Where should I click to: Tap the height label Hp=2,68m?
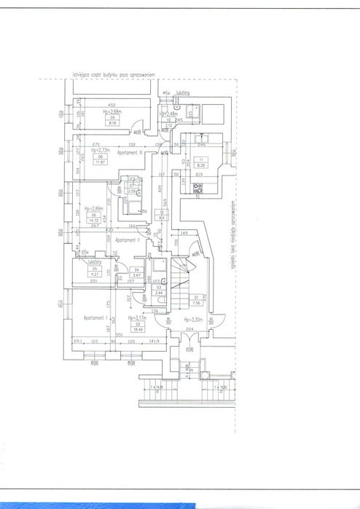tap(112, 112)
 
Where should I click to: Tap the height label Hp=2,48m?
tap(170, 114)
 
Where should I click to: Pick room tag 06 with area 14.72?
tap(93, 218)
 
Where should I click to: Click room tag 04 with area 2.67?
tap(136, 273)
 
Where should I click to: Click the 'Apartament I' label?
tap(95, 318)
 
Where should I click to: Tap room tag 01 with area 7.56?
tap(196, 301)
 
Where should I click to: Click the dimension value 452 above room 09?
tap(113, 104)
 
